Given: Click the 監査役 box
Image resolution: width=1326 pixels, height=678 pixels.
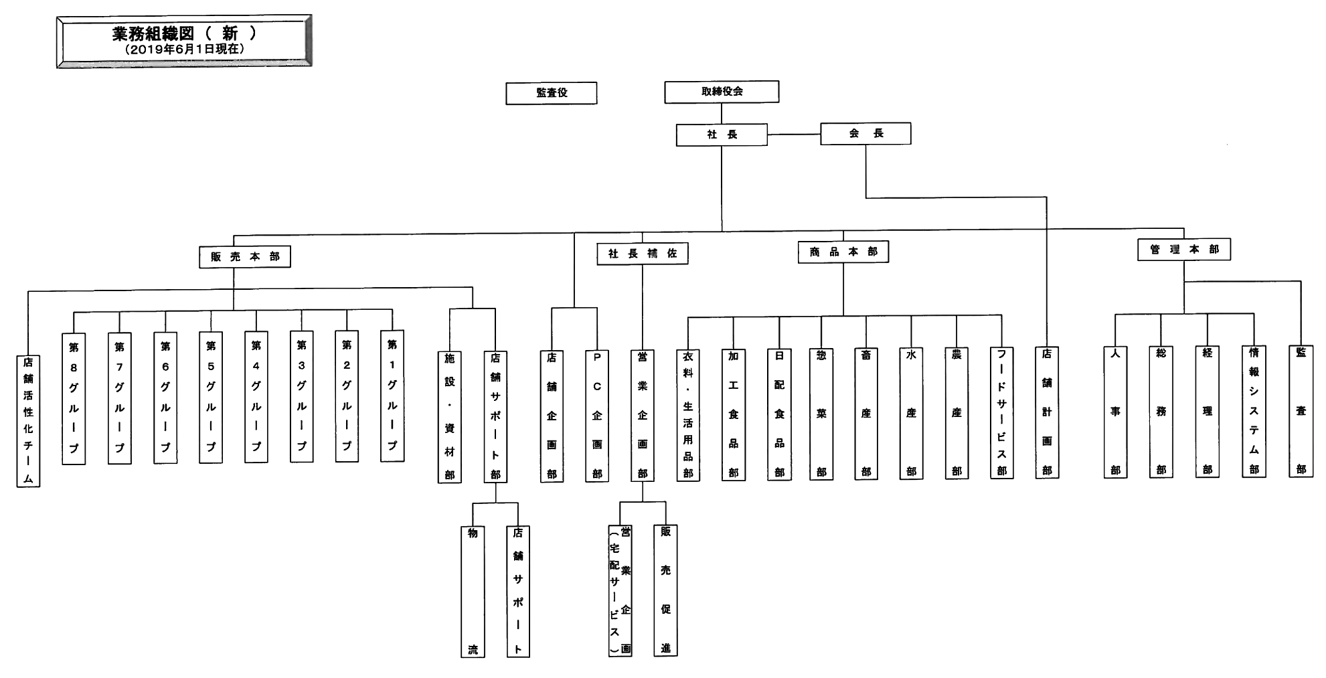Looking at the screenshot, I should pyautogui.click(x=551, y=93).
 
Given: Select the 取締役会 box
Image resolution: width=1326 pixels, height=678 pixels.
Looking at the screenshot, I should pyautogui.click(x=722, y=92).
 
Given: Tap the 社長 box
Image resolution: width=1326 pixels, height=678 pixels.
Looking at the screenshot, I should pyautogui.click(x=722, y=135).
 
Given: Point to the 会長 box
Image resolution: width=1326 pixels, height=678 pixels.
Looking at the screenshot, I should pyautogui.click(x=865, y=133).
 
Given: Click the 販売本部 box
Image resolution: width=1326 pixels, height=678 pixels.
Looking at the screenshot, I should pyautogui.click(x=245, y=256).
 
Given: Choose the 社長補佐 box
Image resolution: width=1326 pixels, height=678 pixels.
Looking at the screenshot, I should pyautogui.click(x=643, y=254).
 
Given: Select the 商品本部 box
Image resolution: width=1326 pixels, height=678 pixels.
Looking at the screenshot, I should pyautogui.click(x=843, y=252).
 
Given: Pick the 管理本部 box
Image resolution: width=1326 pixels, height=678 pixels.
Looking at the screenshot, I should pyautogui.click(x=1184, y=250).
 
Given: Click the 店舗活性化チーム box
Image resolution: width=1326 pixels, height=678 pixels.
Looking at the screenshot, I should pyautogui.click(x=28, y=420).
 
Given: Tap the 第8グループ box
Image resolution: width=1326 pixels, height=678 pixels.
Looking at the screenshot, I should pyautogui.click(x=74, y=398).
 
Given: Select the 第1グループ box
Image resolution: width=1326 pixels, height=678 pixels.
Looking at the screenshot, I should pyautogui.click(x=392, y=396).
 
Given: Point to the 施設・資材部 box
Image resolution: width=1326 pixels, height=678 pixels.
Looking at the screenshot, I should pyautogui.click(x=450, y=416).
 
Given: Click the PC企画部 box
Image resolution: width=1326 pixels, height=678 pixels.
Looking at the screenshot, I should pyautogui.click(x=597, y=416).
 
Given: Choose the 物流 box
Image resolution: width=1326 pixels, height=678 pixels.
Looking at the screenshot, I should pyautogui.click(x=473, y=591).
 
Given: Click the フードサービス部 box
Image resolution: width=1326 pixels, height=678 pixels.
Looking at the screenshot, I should pyautogui.click(x=1002, y=413).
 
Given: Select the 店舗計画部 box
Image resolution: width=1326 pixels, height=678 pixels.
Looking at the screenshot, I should pyautogui.click(x=1047, y=412).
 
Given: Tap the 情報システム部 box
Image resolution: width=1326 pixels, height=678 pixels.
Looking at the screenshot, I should pyautogui.click(x=1254, y=411).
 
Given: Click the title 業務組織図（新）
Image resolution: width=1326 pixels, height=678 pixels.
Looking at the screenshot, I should pyautogui.click(x=184, y=34).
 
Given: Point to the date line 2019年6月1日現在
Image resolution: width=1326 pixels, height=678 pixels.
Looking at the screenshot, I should pyautogui.click(x=184, y=50).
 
